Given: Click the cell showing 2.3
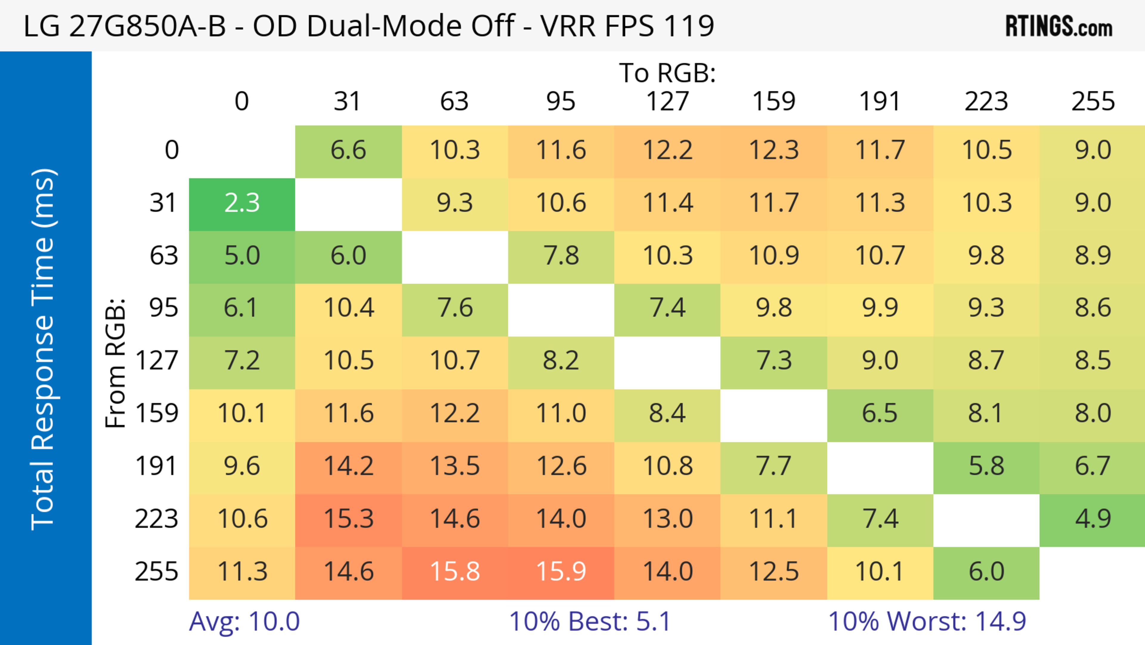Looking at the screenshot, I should pyautogui.click(x=242, y=204).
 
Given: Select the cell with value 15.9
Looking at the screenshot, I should pyautogui.click(x=561, y=572).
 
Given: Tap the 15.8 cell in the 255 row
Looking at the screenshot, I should pyautogui.click(x=455, y=572).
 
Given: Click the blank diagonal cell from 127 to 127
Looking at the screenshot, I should pyautogui.click(x=667, y=362).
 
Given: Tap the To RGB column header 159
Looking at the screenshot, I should pyautogui.click(x=773, y=101).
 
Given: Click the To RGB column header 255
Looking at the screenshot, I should pyautogui.click(x=1093, y=101).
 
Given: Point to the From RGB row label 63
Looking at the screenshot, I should pyautogui.click(x=164, y=256).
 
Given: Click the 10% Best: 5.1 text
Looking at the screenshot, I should pyautogui.click(x=589, y=622).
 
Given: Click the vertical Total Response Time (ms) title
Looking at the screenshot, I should pyautogui.click(x=44, y=350).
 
